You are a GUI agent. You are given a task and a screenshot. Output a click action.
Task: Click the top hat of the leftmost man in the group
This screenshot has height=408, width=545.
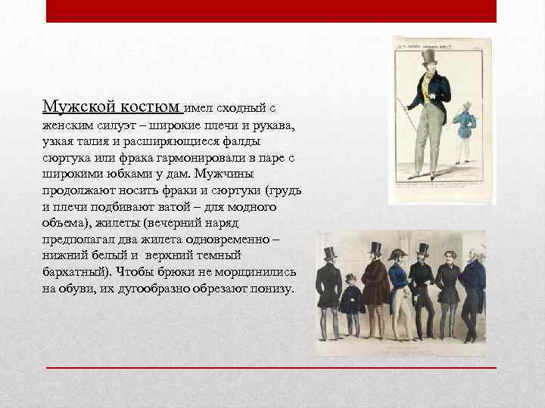tap(330, 253)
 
